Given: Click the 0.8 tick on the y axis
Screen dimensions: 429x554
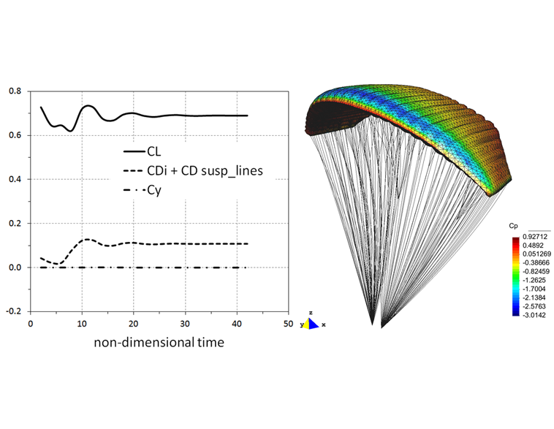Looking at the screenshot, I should pos(15,91).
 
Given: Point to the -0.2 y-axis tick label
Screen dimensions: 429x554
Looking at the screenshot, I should pos(14,311).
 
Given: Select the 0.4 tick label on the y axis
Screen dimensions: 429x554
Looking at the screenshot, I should pos(15,180).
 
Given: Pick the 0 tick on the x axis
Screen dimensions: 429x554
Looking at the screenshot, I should pos(31,322).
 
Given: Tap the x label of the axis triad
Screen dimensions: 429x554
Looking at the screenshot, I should pos(323,324).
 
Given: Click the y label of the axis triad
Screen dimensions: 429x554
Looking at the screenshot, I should pos(301,324).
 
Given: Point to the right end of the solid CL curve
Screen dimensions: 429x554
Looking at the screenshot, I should pos(247,115).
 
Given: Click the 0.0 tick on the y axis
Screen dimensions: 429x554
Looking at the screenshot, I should pos(15,267).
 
